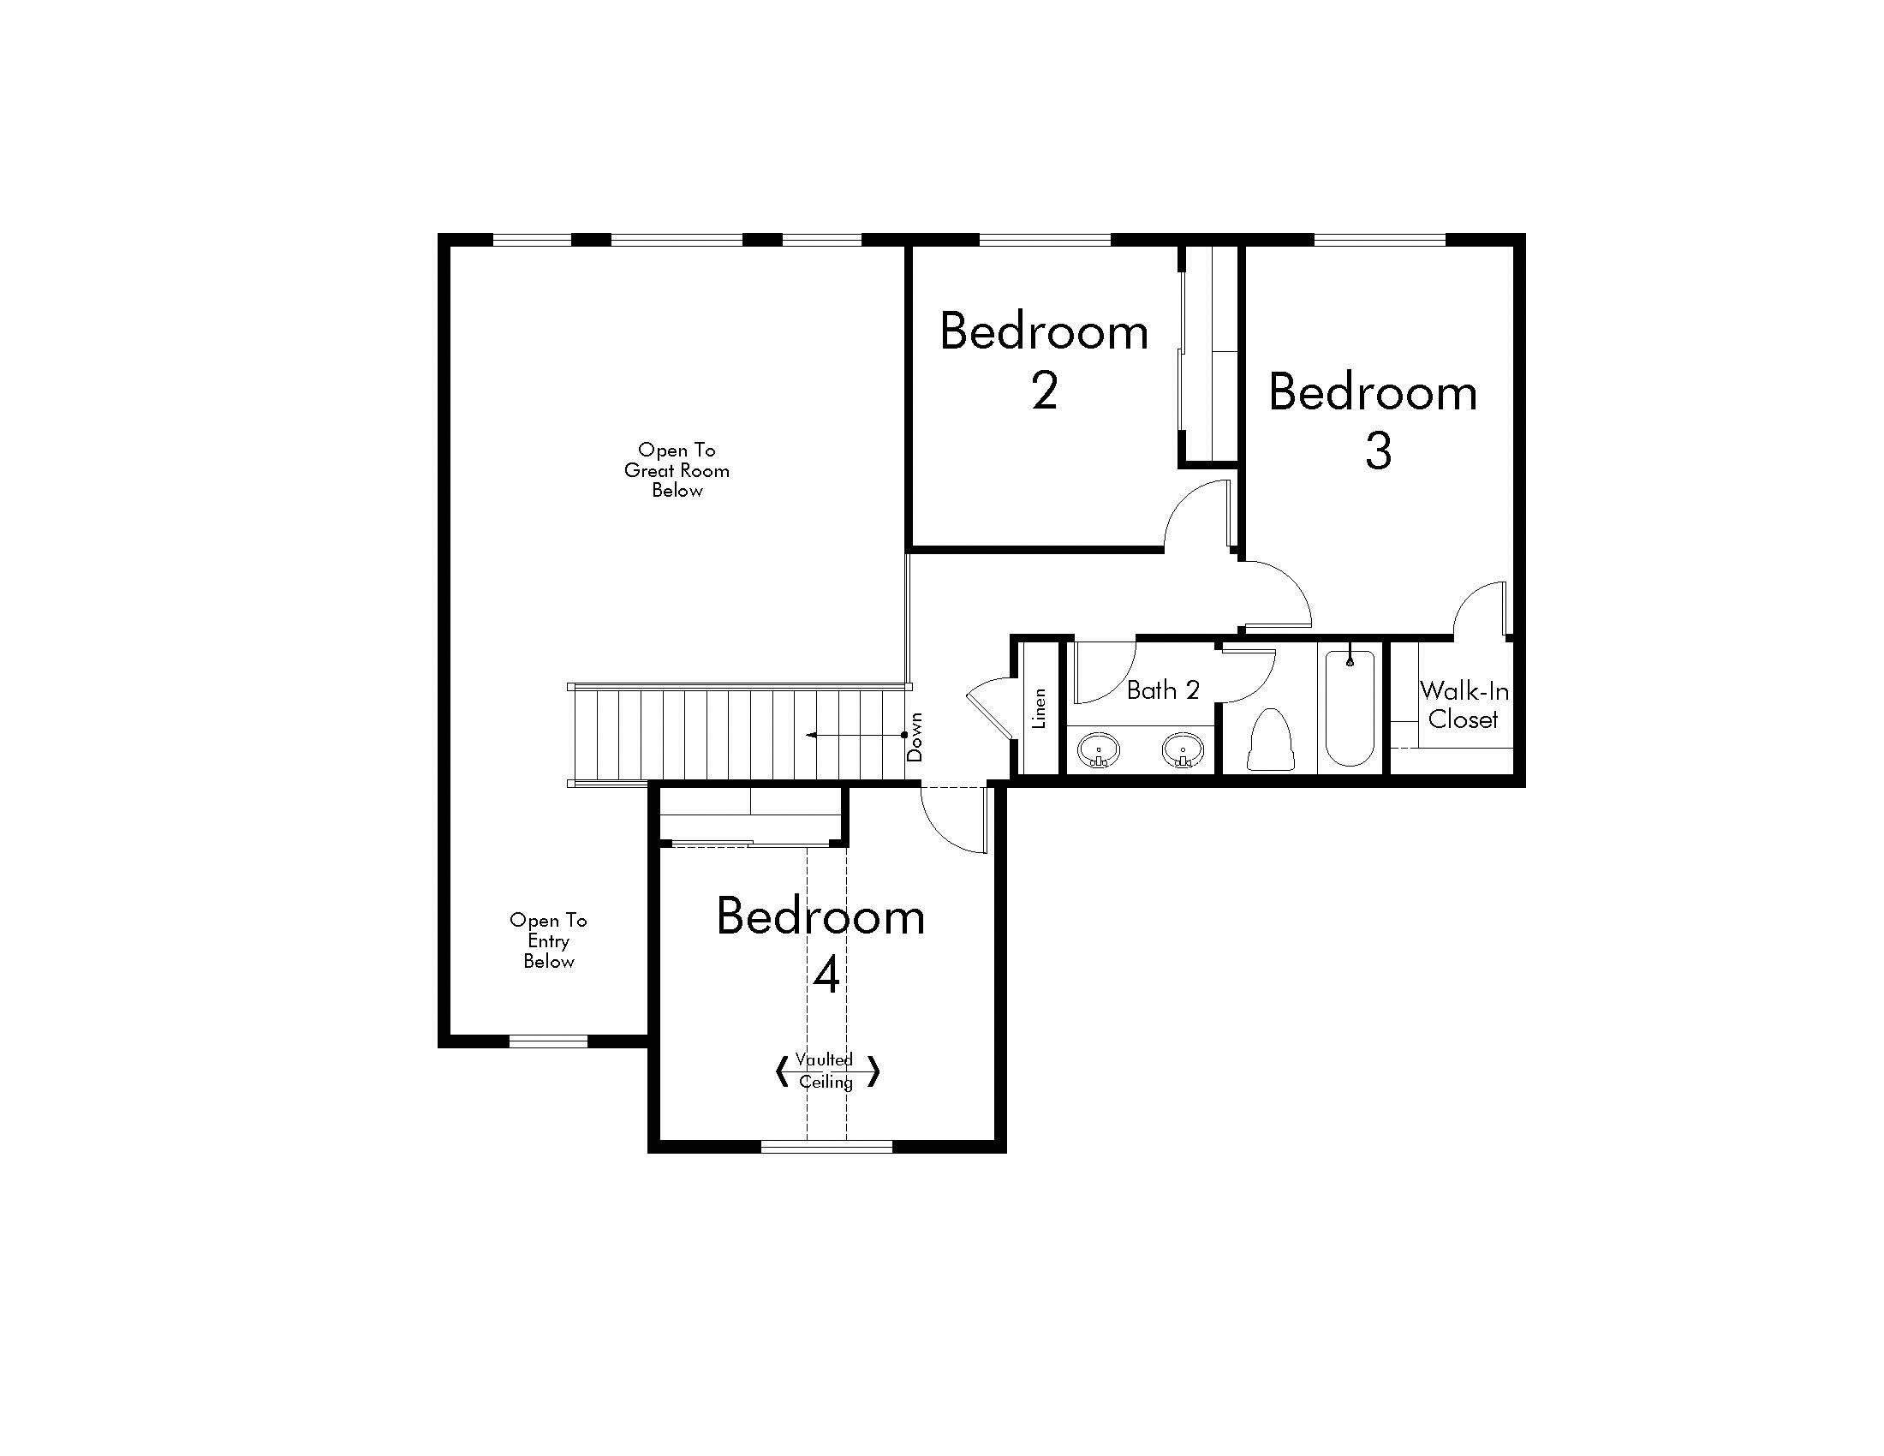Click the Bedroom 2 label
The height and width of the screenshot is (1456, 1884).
tap(1044, 361)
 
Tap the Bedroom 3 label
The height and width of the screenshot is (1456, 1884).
tap(1374, 421)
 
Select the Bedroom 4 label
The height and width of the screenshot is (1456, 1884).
tap(821, 946)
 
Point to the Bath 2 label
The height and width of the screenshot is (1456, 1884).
tap(1163, 690)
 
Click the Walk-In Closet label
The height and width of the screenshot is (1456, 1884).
tap(1464, 705)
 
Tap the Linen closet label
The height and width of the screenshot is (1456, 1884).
tap(1040, 708)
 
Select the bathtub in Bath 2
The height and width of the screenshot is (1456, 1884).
tap(1350, 707)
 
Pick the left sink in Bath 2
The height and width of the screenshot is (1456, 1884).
tap(1098, 750)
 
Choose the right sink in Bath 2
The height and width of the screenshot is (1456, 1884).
tap(1183, 750)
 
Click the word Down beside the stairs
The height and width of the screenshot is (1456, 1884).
tap(915, 737)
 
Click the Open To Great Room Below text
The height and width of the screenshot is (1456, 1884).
tap(677, 470)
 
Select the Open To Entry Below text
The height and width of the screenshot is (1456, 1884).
tap(549, 941)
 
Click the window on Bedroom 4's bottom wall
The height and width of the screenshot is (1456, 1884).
tap(826, 1146)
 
